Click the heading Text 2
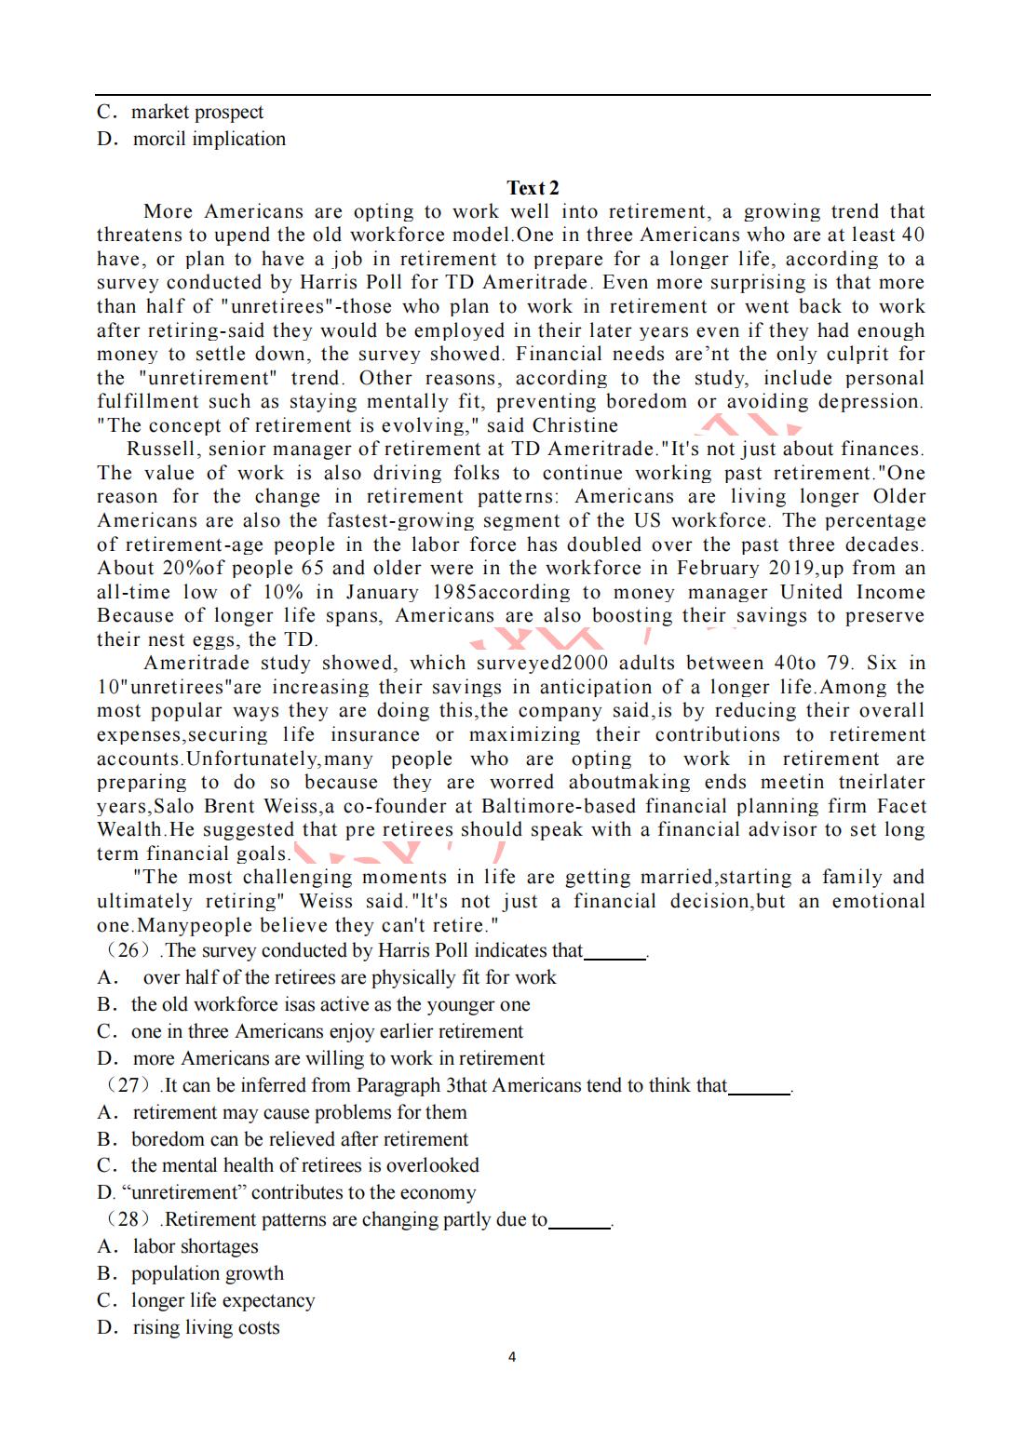533,188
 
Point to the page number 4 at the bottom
512,1357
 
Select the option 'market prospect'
196,113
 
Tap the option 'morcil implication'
209,140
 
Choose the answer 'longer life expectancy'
223,1301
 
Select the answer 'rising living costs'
206,1328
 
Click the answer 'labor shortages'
196,1247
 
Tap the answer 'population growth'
207,1274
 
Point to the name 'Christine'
575,426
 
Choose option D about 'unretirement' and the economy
286,1193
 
